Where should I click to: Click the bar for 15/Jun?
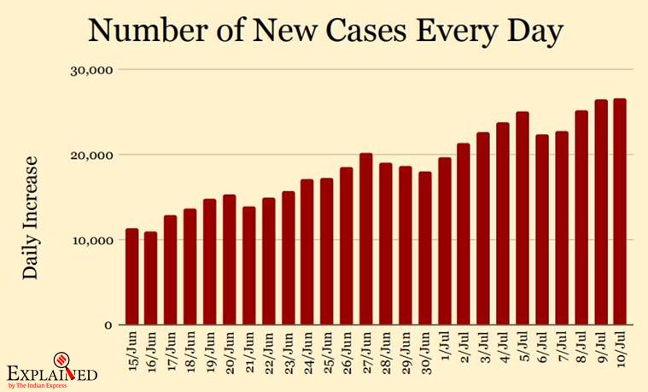point(132,277)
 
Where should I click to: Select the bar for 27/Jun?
point(365,239)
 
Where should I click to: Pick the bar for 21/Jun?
point(248,266)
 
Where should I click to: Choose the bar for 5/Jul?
point(522,219)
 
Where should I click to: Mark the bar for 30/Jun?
point(425,249)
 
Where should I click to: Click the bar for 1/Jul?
point(445,242)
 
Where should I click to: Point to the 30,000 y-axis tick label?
point(90,69)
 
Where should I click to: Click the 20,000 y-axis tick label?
point(90,155)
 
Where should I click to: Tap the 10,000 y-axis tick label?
point(90,240)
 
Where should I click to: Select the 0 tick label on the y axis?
point(108,325)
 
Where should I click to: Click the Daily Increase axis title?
point(31,217)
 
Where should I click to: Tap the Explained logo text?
point(51,373)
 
